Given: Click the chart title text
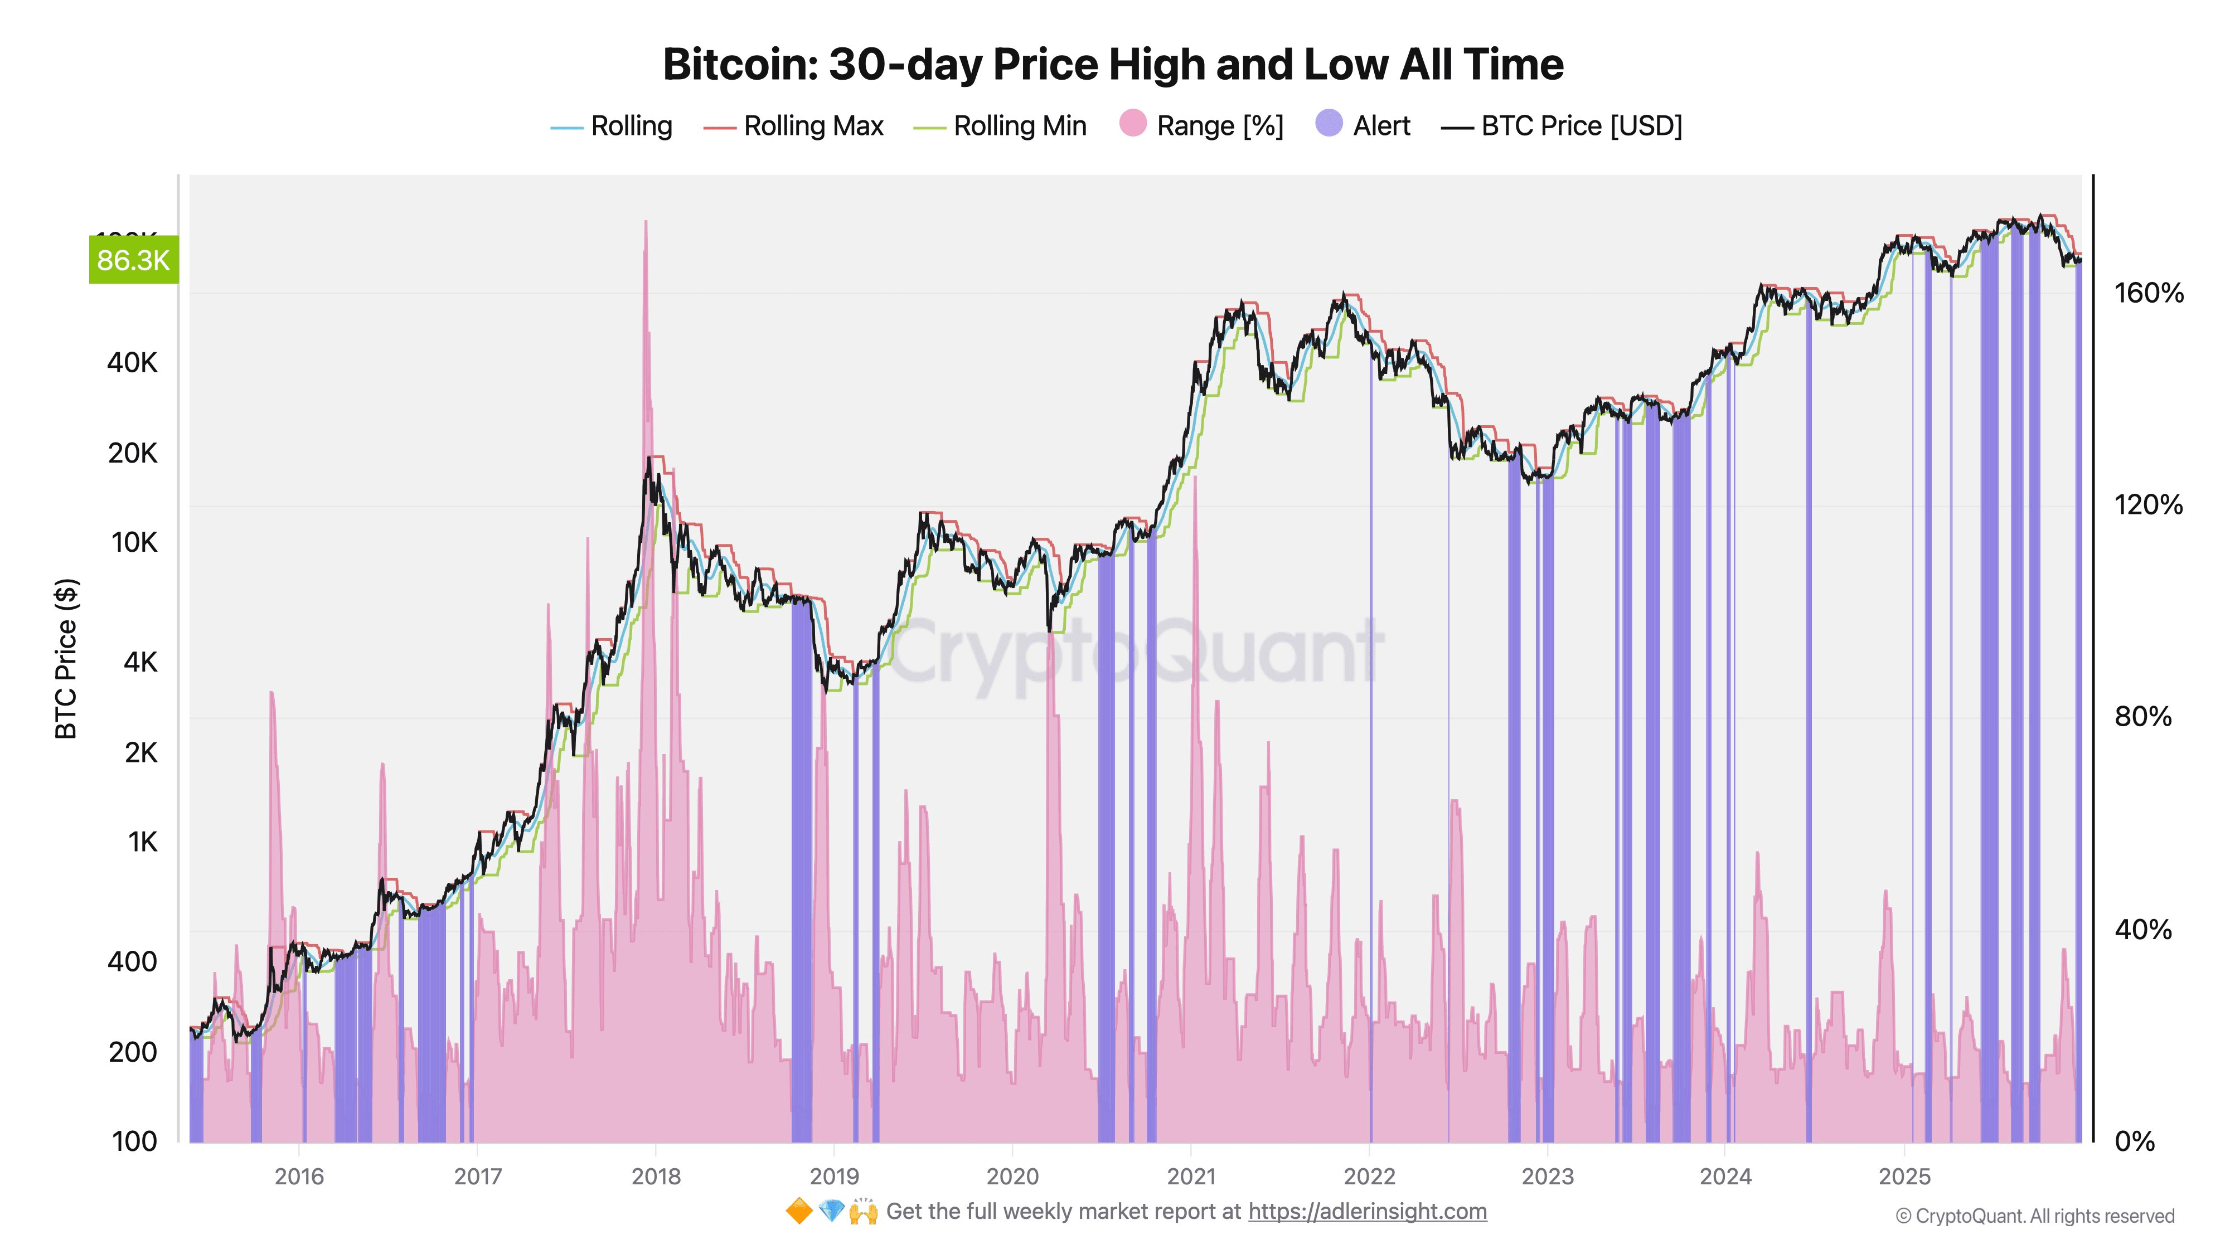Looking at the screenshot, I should click(x=1113, y=64).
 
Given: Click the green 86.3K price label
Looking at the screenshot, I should click(x=133, y=260).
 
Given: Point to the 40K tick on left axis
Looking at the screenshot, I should click(x=133, y=363).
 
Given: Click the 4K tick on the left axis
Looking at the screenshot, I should click(x=140, y=662).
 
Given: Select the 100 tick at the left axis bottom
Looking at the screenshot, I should click(x=135, y=1141).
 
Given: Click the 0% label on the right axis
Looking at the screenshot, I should click(x=2134, y=1141).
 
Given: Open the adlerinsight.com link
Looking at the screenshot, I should click(x=1367, y=1212).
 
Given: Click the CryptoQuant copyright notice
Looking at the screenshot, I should click(x=2034, y=1217).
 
